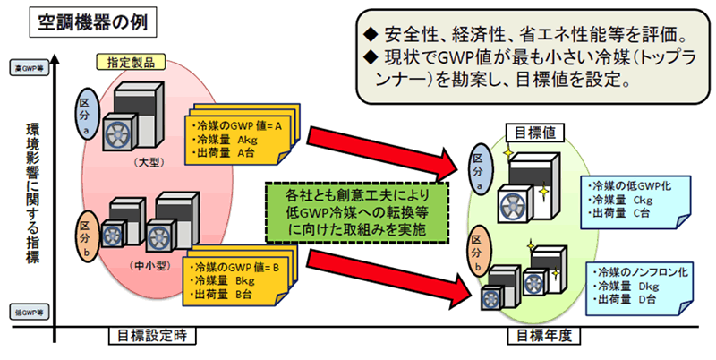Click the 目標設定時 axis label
150,337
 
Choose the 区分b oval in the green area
482,252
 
